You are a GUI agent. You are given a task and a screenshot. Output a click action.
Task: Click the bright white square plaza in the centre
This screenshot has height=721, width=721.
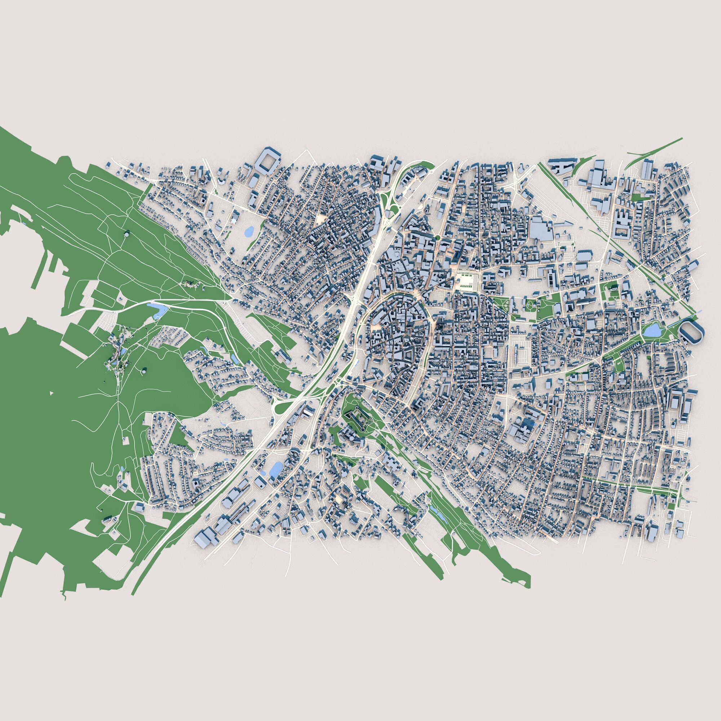click(x=466, y=279)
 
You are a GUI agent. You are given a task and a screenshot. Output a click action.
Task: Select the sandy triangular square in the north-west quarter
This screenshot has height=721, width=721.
click(x=320, y=219)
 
